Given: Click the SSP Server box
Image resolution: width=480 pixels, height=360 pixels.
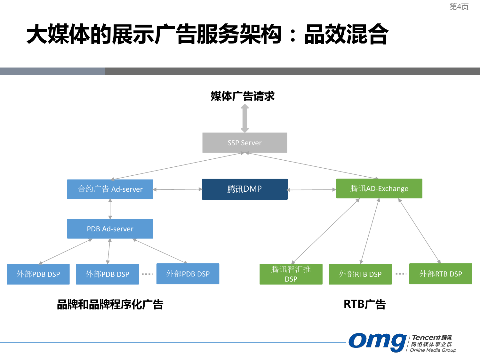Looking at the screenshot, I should pyautogui.click(x=245, y=143).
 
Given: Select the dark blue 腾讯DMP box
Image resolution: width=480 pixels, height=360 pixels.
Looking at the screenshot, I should pyautogui.click(x=245, y=189).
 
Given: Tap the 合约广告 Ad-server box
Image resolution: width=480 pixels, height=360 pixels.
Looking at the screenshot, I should pyautogui.click(x=110, y=189).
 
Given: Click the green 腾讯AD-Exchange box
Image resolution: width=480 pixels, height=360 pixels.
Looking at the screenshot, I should pyautogui.click(x=379, y=188).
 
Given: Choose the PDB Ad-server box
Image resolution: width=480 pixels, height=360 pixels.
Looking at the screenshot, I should pyautogui.click(x=110, y=229).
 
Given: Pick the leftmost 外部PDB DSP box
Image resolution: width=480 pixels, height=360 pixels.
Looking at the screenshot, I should pyautogui.click(x=38, y=274).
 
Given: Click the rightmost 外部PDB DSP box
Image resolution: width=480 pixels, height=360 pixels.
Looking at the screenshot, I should pyautogui.click(x=188, y=274).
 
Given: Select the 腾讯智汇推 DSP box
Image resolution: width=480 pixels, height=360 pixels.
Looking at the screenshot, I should pyautogui.click(x=291, y=274).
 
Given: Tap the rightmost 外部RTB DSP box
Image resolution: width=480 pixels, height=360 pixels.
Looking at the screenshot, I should pyautogui.click(x=441, y=274).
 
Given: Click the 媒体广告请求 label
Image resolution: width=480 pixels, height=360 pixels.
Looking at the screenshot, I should pyautogui.click(x=243, y=96).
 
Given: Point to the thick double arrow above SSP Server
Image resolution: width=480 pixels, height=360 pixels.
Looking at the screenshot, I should pyautogui.click(x=245, y=119).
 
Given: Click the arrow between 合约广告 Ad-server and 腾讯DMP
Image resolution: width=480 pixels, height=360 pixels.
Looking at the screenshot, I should pyautogui.click(x=178, y=189).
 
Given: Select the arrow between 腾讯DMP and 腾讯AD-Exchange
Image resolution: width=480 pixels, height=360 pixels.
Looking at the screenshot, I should pyautogui.click(x=312, y=190).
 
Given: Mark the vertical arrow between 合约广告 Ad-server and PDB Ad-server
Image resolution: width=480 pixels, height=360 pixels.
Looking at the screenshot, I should pyautogui.click(x=110, y=209).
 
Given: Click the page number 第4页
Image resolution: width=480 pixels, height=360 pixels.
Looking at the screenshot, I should pyautogui.click(x=459, y=7).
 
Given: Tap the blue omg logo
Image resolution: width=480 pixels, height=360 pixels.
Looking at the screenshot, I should pyautogui.click(x=378, y=342).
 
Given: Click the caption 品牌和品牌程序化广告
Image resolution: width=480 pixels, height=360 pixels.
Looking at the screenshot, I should pyautogui.click(x=110, y=304).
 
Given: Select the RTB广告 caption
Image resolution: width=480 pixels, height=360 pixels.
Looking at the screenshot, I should pyautogui.click(x=364, y=304).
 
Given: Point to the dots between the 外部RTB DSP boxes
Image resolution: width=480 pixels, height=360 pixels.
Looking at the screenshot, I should pyautogui.click(x=401, y=274).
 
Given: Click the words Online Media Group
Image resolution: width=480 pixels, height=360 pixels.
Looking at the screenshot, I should pyautogui.click(x=433, y=350).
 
